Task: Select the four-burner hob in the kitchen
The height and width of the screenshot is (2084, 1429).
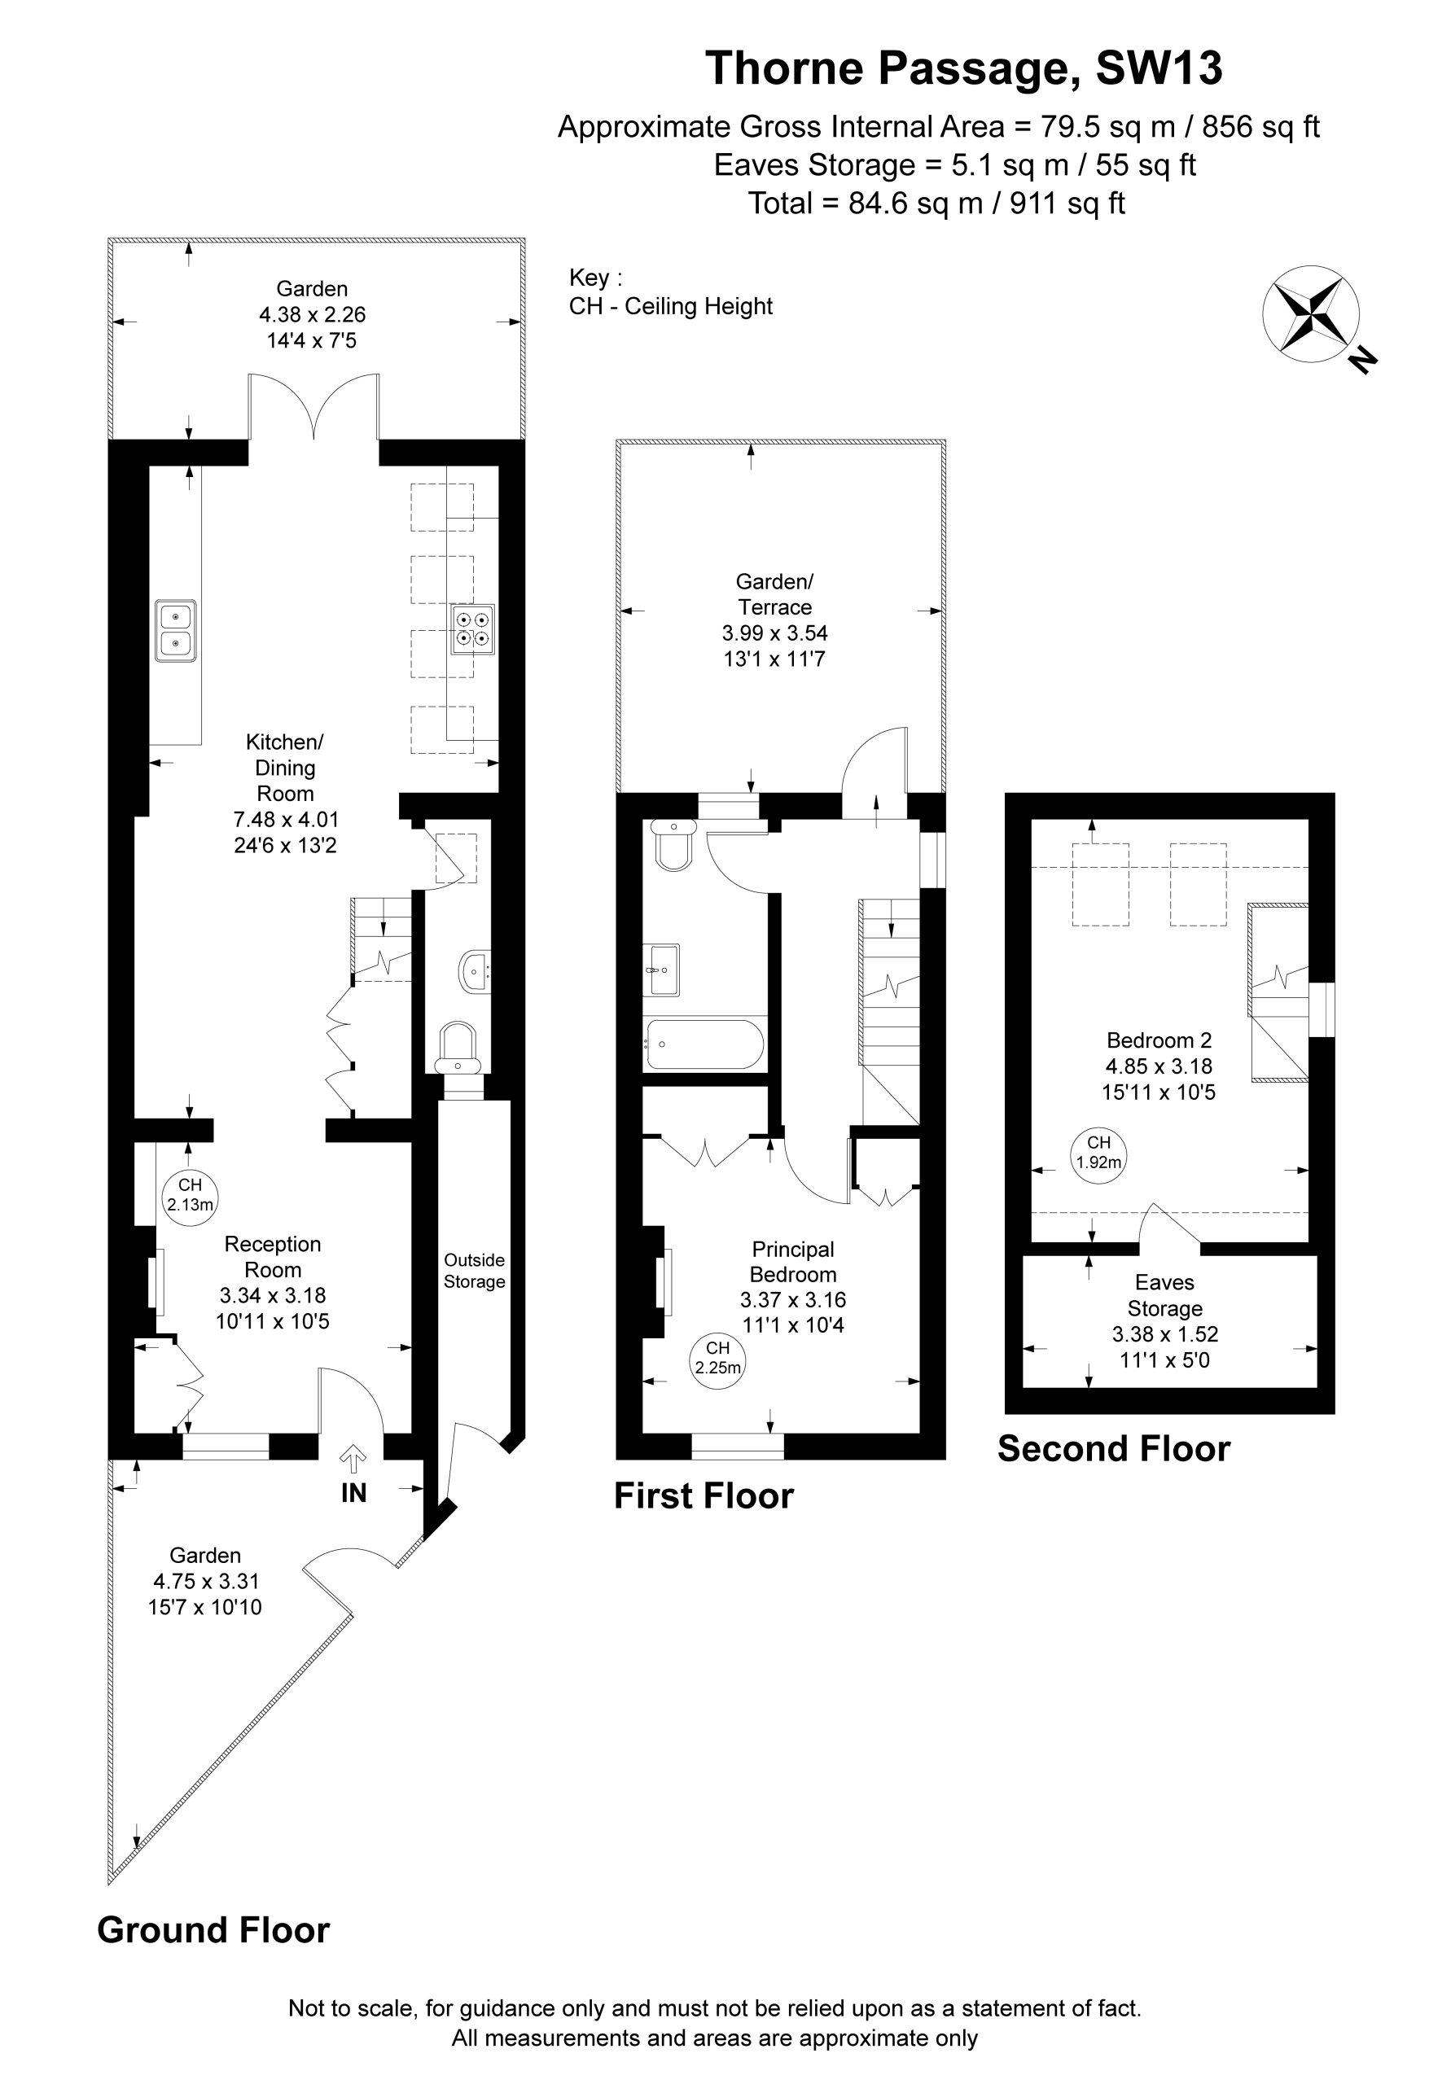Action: pos(473,628)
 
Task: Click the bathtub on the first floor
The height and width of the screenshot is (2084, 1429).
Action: pos(705,1044)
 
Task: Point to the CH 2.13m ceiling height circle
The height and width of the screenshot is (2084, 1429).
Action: pos(191,1195)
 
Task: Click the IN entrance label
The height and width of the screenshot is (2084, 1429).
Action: pos(353,1492)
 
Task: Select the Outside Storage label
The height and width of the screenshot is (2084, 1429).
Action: pos(475,1271)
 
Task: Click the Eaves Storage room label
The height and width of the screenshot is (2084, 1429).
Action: pos(1164,1295)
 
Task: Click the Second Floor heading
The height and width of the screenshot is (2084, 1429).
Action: pos(1114,1448)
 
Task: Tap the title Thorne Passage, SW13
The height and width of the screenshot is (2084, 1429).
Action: pos(963,68)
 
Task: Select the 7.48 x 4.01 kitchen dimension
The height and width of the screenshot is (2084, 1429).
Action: pos(286,819)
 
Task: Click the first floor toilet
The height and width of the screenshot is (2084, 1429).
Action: pos(673,843)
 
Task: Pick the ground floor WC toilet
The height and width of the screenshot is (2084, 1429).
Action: pos(458,1048)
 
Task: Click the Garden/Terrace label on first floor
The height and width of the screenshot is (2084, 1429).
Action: pos(775,593)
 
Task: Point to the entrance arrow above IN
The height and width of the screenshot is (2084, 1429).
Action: pos(354,1457)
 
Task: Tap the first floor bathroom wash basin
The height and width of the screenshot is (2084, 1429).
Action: pos(661,970)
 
